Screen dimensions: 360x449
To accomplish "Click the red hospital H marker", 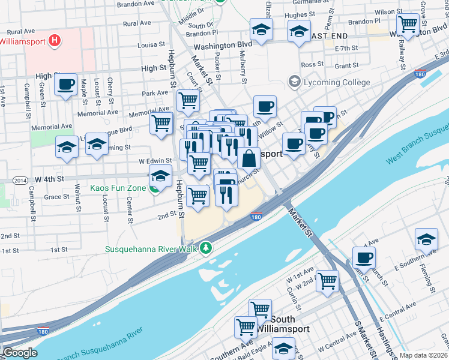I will point(55,41).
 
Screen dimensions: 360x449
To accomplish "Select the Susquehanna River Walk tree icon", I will point(206,248).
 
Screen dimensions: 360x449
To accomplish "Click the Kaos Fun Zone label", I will point(118,188).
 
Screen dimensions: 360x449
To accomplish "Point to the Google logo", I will point(20,353).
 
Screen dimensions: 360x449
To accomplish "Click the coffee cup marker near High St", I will point(66,84).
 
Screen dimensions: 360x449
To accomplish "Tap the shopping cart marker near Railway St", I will point(408,25).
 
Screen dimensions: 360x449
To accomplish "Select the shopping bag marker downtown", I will point(249,159).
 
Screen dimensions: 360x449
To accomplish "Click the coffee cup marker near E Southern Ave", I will point(364,258).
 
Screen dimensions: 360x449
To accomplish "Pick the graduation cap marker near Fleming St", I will point(426,239).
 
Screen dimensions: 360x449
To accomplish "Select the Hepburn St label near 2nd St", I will point(179,201).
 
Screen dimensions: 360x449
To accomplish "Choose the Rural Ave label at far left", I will point(22,31).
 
